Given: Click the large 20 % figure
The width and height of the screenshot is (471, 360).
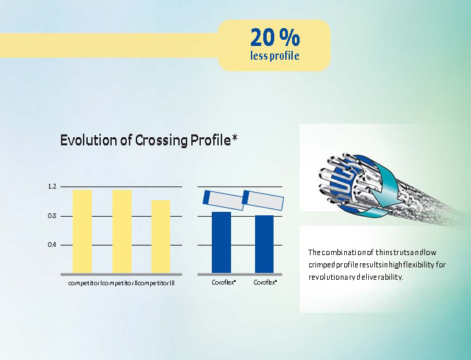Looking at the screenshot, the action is (275, 36).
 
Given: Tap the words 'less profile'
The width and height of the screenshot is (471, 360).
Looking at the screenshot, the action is (274, 56).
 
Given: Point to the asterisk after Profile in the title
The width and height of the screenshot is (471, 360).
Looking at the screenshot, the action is (234, 138).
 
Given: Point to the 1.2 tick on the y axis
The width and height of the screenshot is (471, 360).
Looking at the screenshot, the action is (52, 187).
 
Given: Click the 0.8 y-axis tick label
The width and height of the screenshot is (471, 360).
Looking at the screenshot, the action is (52, 216).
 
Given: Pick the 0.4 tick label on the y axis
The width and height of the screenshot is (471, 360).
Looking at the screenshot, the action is (52, 245).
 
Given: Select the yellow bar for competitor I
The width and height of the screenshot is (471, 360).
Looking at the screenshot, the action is (82, 231).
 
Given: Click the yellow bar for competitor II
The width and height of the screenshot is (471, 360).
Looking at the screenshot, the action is (122, 231).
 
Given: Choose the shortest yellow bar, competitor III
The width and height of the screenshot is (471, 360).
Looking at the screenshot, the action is (160, 237).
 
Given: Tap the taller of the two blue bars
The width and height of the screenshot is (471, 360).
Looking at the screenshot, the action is (221, 243).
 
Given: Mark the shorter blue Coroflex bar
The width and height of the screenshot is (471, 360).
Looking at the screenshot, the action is (265, 244).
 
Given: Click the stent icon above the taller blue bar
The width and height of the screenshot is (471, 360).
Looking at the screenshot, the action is (223, 200).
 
